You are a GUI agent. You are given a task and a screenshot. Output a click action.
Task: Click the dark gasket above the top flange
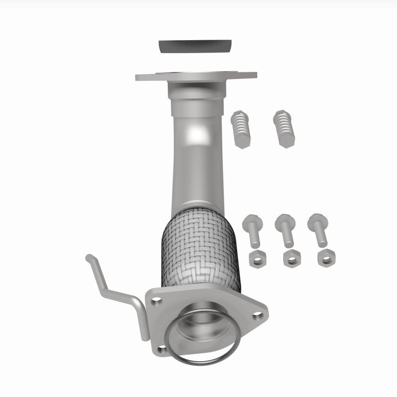pos(196,47)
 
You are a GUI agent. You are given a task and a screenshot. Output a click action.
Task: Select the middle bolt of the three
pos(285,229)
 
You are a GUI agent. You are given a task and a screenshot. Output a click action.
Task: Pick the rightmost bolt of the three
pos(318,229)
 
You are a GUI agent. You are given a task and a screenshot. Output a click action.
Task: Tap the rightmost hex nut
pos(326,258)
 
